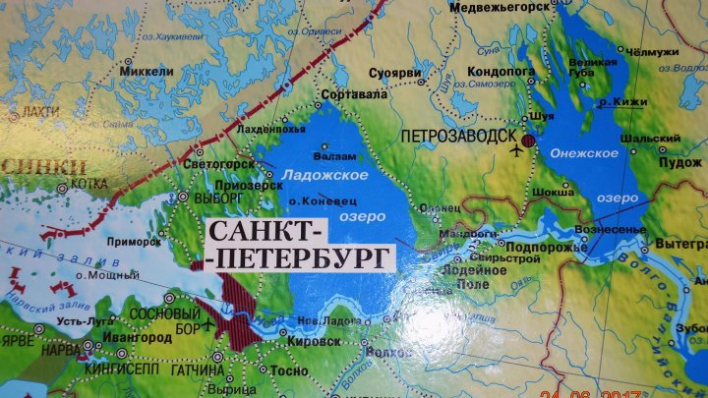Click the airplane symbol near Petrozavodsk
[x=518, y=150]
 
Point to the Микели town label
[x=141, y=71]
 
